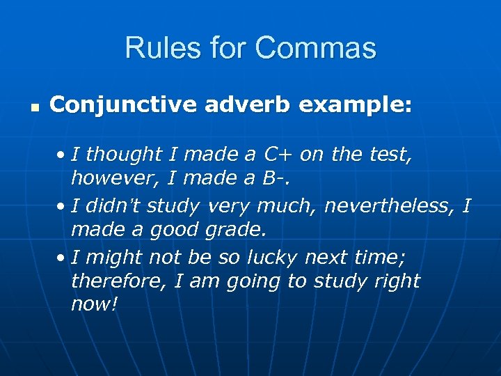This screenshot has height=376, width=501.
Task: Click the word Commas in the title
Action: (x=315, y=48)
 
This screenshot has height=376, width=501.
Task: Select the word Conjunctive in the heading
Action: (x=122, y=106)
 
